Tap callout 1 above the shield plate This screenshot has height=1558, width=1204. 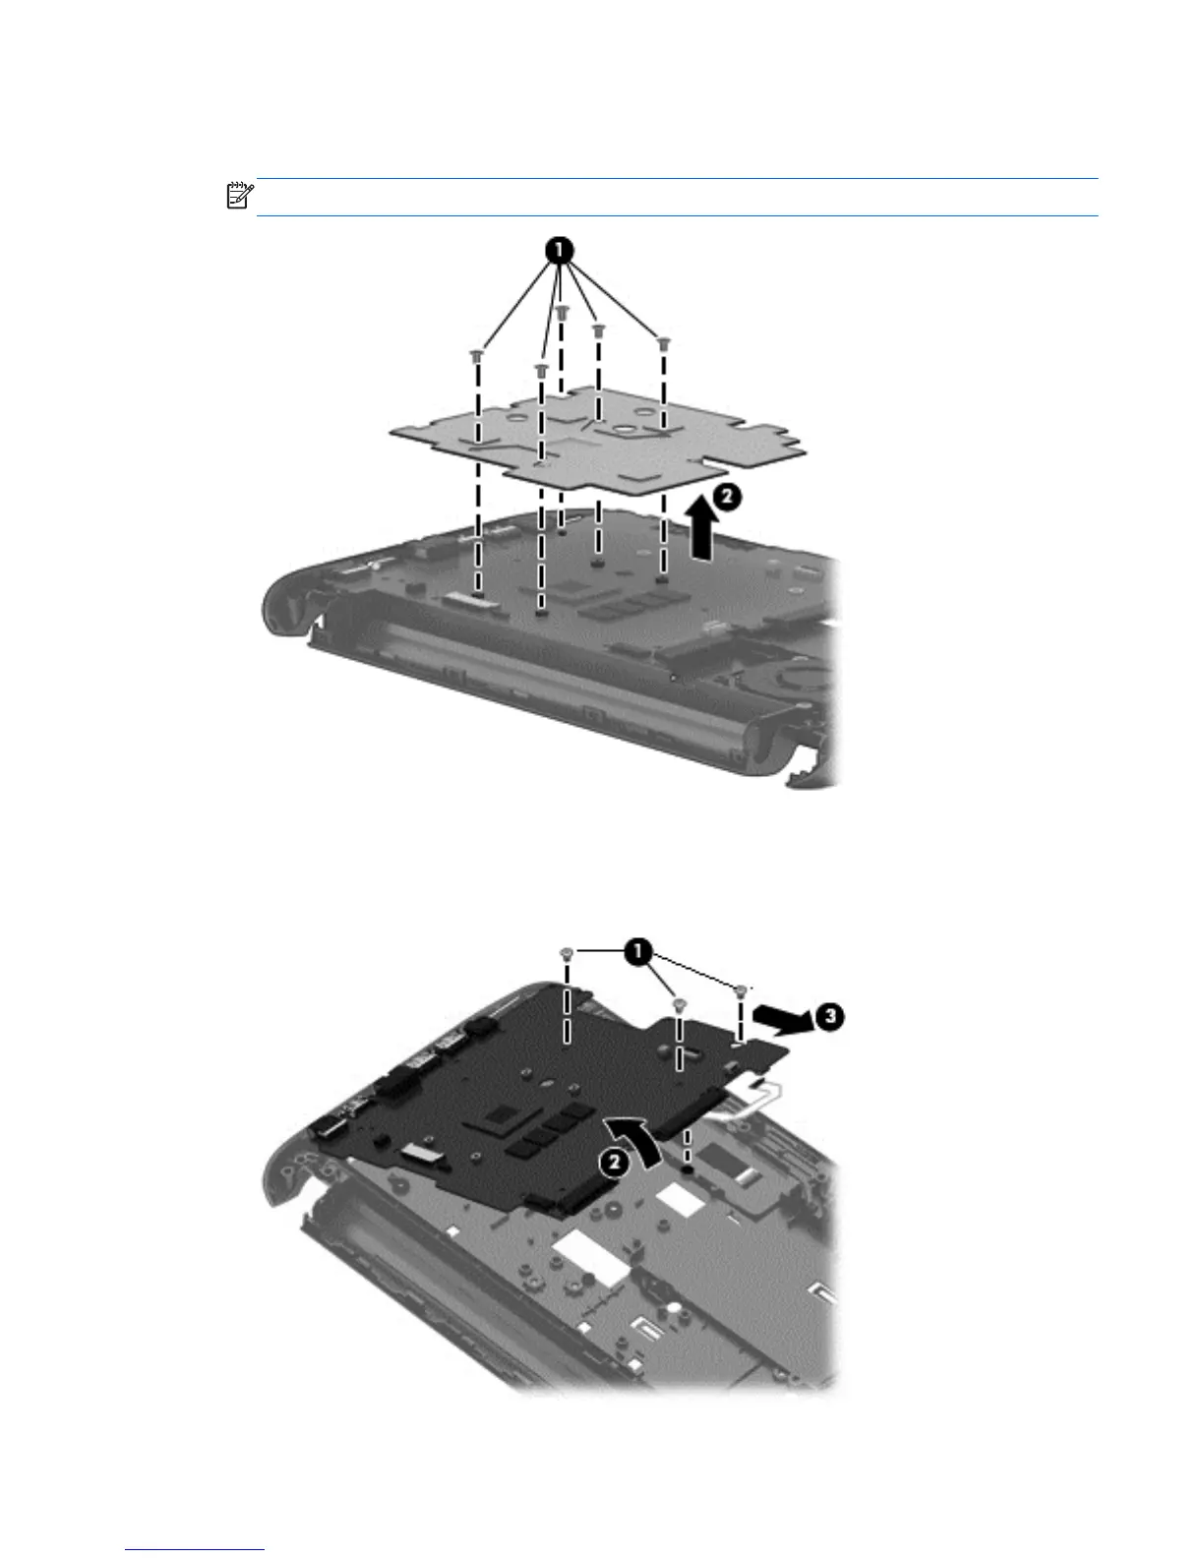[557, 252]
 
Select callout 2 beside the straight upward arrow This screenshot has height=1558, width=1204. [723, 498]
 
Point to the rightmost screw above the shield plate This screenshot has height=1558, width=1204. [664, 342]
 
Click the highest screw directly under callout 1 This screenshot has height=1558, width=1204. [562, 311]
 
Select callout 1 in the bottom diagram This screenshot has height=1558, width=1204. [639, 951]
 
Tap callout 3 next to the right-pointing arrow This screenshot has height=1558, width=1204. [831, 1016]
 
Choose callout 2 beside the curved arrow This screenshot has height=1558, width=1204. [612, 1162]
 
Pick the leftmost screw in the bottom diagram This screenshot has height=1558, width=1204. [567, 953]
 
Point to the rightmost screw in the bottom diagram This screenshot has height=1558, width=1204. [742, 988]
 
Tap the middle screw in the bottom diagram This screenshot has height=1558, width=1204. [679, 1004]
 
